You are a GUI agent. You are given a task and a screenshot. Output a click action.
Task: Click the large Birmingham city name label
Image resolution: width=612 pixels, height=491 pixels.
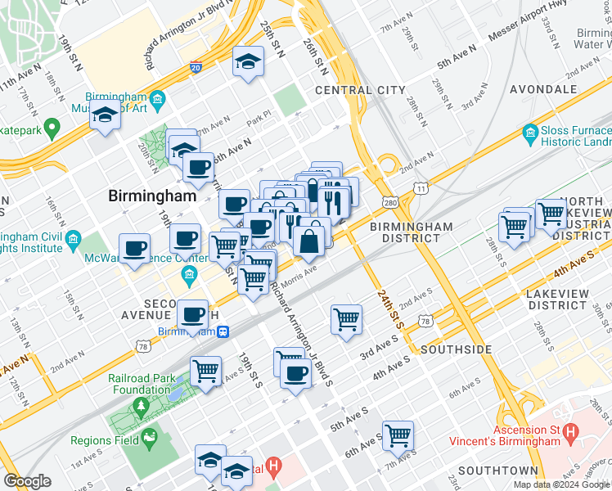(x=153, y=196)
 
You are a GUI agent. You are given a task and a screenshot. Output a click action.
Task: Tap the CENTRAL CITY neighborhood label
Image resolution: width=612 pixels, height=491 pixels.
(x=360, y=90)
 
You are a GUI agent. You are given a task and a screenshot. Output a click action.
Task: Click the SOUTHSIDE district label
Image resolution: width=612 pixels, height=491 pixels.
(x=456, y=349)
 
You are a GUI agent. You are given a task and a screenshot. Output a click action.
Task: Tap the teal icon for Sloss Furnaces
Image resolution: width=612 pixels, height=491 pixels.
(x=530, y=132)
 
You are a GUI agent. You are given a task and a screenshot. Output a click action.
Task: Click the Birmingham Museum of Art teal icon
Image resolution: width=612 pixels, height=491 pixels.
(x=159, y=100)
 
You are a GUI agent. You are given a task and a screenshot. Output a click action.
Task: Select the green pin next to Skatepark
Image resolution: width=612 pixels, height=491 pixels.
(x=52, y=128)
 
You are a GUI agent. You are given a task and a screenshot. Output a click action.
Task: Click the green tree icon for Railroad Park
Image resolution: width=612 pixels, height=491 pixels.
(x=141, y=406)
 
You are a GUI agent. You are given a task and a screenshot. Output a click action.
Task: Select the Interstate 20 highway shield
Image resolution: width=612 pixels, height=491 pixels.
(x=196, y=67)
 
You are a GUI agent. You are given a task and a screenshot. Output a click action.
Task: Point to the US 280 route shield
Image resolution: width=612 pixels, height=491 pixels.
(x=389, y=202)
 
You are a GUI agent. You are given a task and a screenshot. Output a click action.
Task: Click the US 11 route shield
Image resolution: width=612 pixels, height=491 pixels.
(x=421, y=188)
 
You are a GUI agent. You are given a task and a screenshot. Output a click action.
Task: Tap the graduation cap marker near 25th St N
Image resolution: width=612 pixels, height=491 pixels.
(x=248, y=61)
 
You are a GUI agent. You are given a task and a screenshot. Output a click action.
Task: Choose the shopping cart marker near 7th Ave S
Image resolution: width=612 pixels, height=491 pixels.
(x=398, y=435)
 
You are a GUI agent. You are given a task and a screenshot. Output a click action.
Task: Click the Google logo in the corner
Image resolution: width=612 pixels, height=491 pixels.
(x=27, y=481)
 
